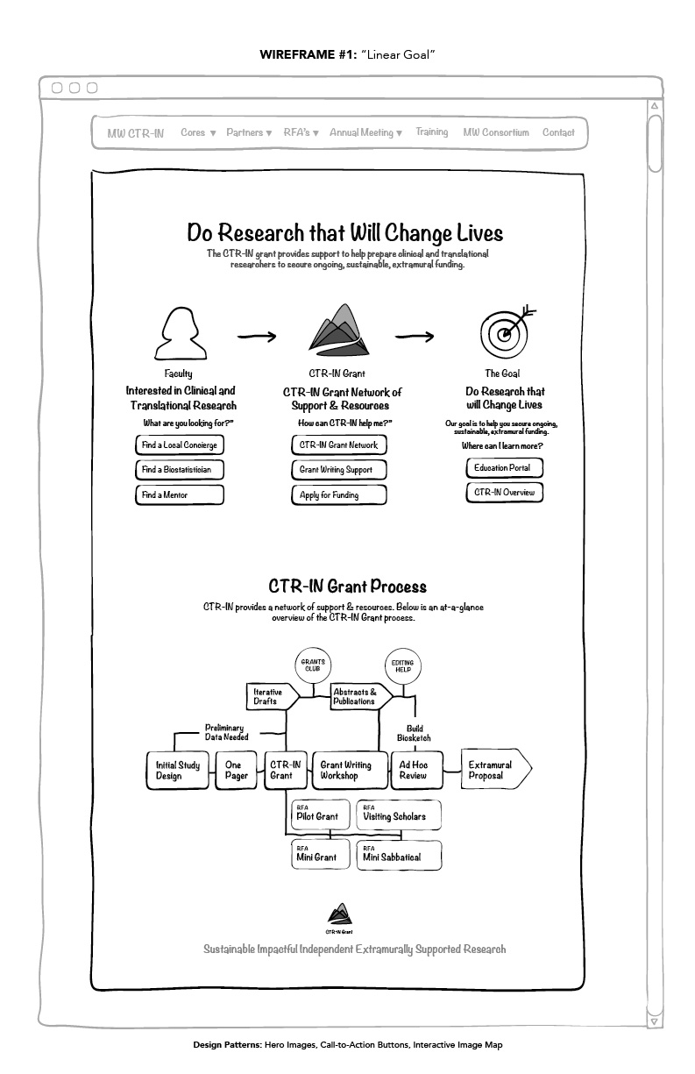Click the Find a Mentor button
click(x=180, y=494)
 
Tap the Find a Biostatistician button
click(x=180, y=470)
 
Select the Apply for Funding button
click(x=339, y=494)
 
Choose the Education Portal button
click(x=504, y=468)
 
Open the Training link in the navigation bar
click(x=432, y=132)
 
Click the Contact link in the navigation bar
click(x=558, y=132)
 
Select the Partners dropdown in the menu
click(x=249, y=132)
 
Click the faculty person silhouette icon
click(x=181, y=333)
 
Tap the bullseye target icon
click(x=507, y=331)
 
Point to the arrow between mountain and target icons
click(x=415, y=337)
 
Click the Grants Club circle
click(x=313, y=665)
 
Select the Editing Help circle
click(x=403, y=666)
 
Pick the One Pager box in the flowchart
click(x=237, y=770)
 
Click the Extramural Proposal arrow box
click(x=496, y=769)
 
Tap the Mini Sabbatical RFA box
click(x=399, y=855)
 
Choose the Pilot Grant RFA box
click(x=321, y=814)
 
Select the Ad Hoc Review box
click(x=416, y=770)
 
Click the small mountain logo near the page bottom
click(x=340, y=914)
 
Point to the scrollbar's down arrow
click(x=655, y=1021)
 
